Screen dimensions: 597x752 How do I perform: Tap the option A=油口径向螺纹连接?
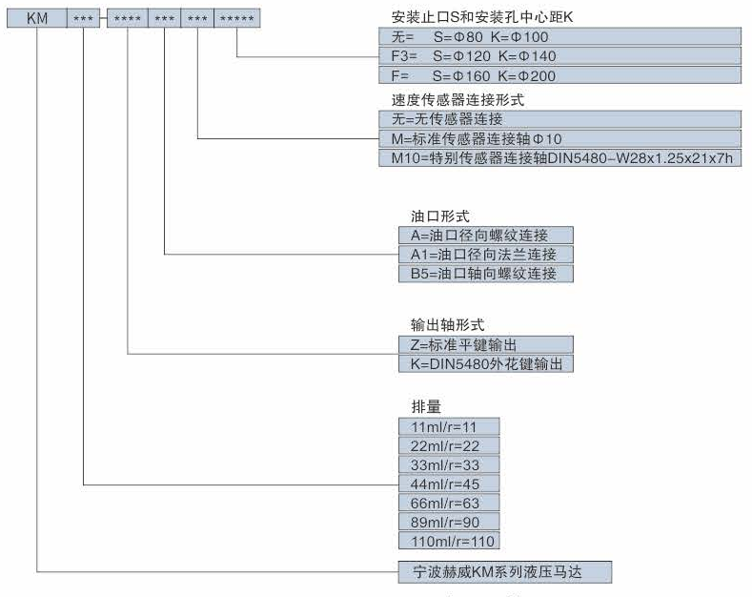(486, 236)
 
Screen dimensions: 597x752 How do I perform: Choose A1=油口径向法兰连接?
(486, 255)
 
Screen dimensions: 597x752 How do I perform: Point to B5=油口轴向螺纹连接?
(486, 274)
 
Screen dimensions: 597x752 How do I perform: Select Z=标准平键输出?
(486, 344)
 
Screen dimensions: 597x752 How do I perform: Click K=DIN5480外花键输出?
(486, 363)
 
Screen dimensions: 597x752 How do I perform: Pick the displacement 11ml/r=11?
(449, 426)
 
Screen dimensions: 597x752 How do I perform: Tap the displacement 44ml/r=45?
(449, 484)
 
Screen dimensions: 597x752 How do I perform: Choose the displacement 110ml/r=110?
(449, 542)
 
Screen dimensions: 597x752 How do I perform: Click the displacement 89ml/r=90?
(449, 523)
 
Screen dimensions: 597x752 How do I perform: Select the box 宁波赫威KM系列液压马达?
(504, 572)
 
